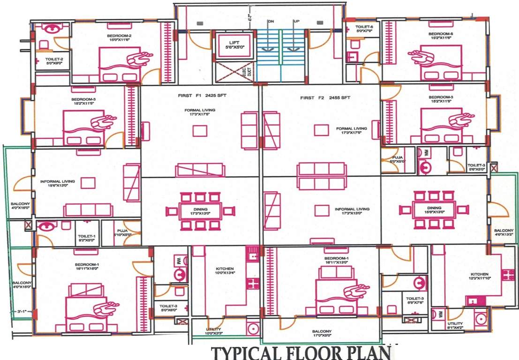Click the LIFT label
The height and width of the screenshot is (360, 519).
[x=234, y=43]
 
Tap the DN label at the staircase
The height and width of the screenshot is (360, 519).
[x=271, y=22]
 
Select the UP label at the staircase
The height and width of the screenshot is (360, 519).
[x=296, y=22]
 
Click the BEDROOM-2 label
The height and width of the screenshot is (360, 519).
[x=119, y=36]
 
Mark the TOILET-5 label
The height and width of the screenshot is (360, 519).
[x=364, y=27]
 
